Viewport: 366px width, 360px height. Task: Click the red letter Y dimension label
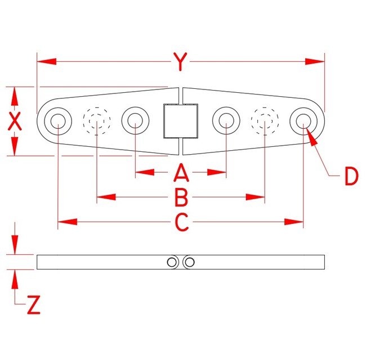[180, 62]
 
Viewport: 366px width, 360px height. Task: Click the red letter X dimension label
[15, 121]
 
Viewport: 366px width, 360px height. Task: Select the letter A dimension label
[180, 173]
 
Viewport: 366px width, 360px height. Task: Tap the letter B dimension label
[180, 197]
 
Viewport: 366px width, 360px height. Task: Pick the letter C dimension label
[181, 223]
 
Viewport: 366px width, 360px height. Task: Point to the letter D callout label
[351, 177]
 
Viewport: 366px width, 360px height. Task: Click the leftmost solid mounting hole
[58, 120]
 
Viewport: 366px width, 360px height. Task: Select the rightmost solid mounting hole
[303, 120]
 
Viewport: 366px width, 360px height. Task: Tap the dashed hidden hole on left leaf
[97, 120]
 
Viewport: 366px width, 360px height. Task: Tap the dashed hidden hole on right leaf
[265, 120]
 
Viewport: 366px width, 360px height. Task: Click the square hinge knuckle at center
[180, 121]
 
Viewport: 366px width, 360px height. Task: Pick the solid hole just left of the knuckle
[135, 120]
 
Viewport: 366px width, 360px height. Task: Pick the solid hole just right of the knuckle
[226, 120]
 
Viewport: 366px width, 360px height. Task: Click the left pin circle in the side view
[172, 262]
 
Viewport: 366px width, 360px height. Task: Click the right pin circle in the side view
[189, 262]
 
